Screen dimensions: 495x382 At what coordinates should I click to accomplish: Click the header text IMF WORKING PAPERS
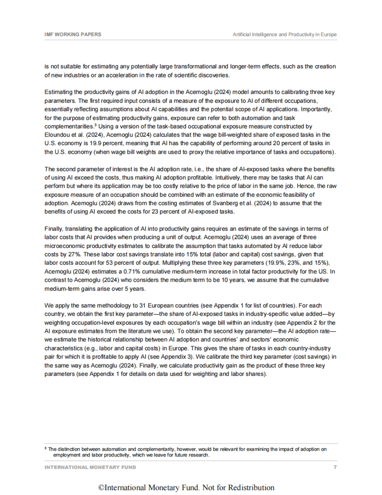73,34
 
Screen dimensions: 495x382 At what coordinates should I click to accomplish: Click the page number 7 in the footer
335,467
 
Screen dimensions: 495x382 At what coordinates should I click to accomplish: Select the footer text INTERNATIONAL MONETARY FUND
90,467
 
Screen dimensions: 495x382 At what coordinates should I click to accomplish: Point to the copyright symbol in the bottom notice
101,488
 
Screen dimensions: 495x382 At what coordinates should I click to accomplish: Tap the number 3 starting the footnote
46,449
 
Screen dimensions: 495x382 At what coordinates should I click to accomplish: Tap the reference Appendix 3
173,357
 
